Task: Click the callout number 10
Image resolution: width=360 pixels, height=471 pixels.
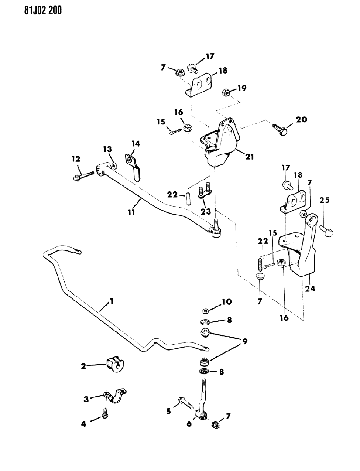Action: coord(226,302)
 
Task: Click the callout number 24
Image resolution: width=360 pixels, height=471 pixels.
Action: coord(310,289)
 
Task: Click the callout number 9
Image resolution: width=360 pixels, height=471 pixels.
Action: coord(244,341)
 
